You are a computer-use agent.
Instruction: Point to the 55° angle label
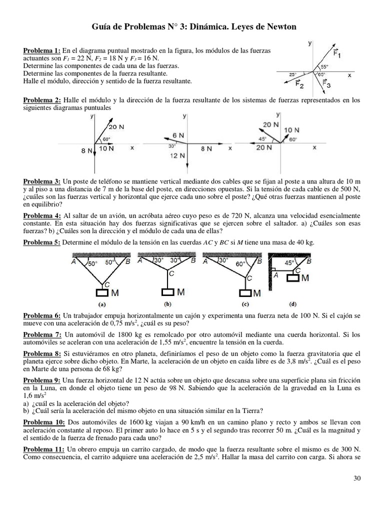(x=324, y=66)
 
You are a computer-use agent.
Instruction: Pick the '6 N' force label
(x=178, y=135)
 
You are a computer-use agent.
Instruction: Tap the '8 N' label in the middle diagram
(x=205, y=148)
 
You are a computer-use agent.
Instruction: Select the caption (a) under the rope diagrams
(x=102, y=303)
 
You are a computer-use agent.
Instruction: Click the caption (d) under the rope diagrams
(x=292, y=303)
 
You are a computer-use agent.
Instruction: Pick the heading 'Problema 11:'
(x=43, y=449)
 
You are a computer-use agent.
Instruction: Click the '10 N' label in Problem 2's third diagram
(x=291, y=130)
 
